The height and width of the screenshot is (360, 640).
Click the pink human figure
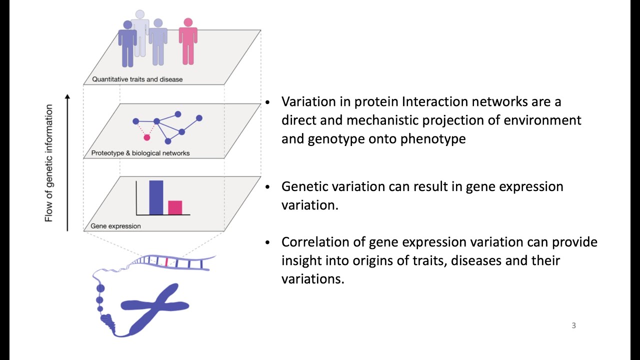pos(188,42)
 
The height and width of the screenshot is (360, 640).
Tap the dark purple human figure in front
pos(127,45)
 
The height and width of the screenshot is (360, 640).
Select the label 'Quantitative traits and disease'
pos(137,79)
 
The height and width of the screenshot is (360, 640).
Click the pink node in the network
pos(147,137)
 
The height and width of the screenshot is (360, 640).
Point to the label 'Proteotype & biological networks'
pos(140,153)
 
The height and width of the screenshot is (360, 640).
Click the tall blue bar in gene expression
pos(156,197)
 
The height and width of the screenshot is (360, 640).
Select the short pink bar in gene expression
pos(175,207)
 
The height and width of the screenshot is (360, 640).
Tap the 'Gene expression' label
pos(115,226)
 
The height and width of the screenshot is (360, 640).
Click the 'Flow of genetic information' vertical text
pos(49,163)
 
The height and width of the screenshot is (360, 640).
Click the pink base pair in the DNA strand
pos(166,260)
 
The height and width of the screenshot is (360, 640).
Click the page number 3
pos(573,325)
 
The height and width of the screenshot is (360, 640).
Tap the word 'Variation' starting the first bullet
pos(306,101)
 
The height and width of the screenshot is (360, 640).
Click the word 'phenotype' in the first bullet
pos(433,138)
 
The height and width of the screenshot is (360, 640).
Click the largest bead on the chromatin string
pos(100,288)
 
